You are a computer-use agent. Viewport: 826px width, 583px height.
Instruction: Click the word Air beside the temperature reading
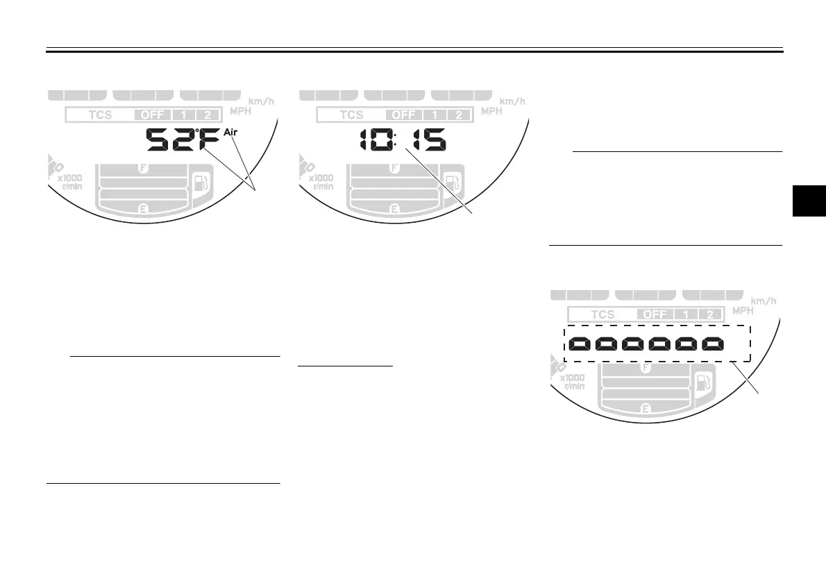pos(232,133)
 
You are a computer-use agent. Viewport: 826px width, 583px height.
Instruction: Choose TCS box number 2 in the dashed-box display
pos(709,314)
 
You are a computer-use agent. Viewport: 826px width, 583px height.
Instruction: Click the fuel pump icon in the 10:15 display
pos(451,184)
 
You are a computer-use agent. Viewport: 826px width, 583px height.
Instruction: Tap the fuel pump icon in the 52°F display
pos(200,184)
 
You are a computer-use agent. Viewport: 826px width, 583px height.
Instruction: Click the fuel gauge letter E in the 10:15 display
pos(394,208)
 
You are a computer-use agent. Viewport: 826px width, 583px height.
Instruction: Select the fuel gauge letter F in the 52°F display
pos(144,167)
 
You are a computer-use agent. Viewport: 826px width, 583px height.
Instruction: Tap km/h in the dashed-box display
pos(764,300)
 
